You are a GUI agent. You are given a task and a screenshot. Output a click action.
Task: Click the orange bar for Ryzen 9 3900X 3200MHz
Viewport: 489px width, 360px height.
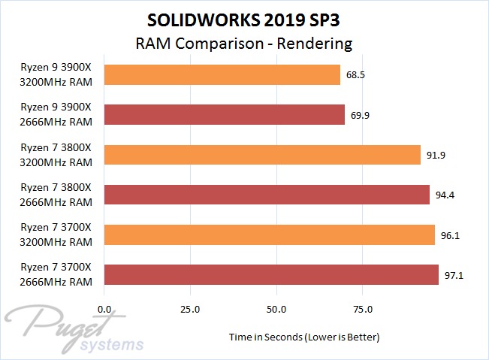[x=222, y=74]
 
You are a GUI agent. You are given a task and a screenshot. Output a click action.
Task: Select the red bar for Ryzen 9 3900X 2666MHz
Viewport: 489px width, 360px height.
[x=225, y=114]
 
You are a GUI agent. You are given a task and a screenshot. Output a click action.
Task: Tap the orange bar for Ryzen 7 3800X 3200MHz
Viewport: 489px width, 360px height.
[x=262, y=154]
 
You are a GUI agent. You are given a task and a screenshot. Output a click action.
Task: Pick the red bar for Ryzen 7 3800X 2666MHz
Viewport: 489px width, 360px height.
[x=267, y=194]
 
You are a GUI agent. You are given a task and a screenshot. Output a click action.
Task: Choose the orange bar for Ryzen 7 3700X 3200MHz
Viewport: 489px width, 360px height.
[x=270, y=234]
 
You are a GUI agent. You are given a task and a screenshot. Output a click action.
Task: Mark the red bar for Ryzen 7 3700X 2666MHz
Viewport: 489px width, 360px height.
[x=271, y=274]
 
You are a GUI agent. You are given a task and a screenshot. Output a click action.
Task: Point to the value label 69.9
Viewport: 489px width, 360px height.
[x=361, y=115]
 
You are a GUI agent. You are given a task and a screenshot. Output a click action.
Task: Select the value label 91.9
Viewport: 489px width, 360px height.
[x=436, y=155]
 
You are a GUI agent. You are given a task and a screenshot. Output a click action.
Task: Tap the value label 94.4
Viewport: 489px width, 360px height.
[x=445, y=195]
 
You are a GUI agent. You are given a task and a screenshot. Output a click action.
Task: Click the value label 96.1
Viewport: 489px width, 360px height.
[x=451, y=235]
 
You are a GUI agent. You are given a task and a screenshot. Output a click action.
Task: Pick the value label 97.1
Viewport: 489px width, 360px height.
[x=454, y=275]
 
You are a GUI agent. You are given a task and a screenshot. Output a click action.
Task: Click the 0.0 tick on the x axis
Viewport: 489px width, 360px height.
[x=105, y=309]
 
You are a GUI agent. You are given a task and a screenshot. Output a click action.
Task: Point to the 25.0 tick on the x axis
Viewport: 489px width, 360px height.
[x=191, y=309]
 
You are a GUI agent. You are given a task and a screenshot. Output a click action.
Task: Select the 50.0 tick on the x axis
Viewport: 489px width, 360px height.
[x=277, y=309]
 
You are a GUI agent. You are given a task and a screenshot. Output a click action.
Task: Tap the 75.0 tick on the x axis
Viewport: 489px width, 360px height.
[x=363, y=309]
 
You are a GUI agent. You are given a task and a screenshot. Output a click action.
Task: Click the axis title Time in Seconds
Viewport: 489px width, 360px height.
[x=304, y=337]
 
